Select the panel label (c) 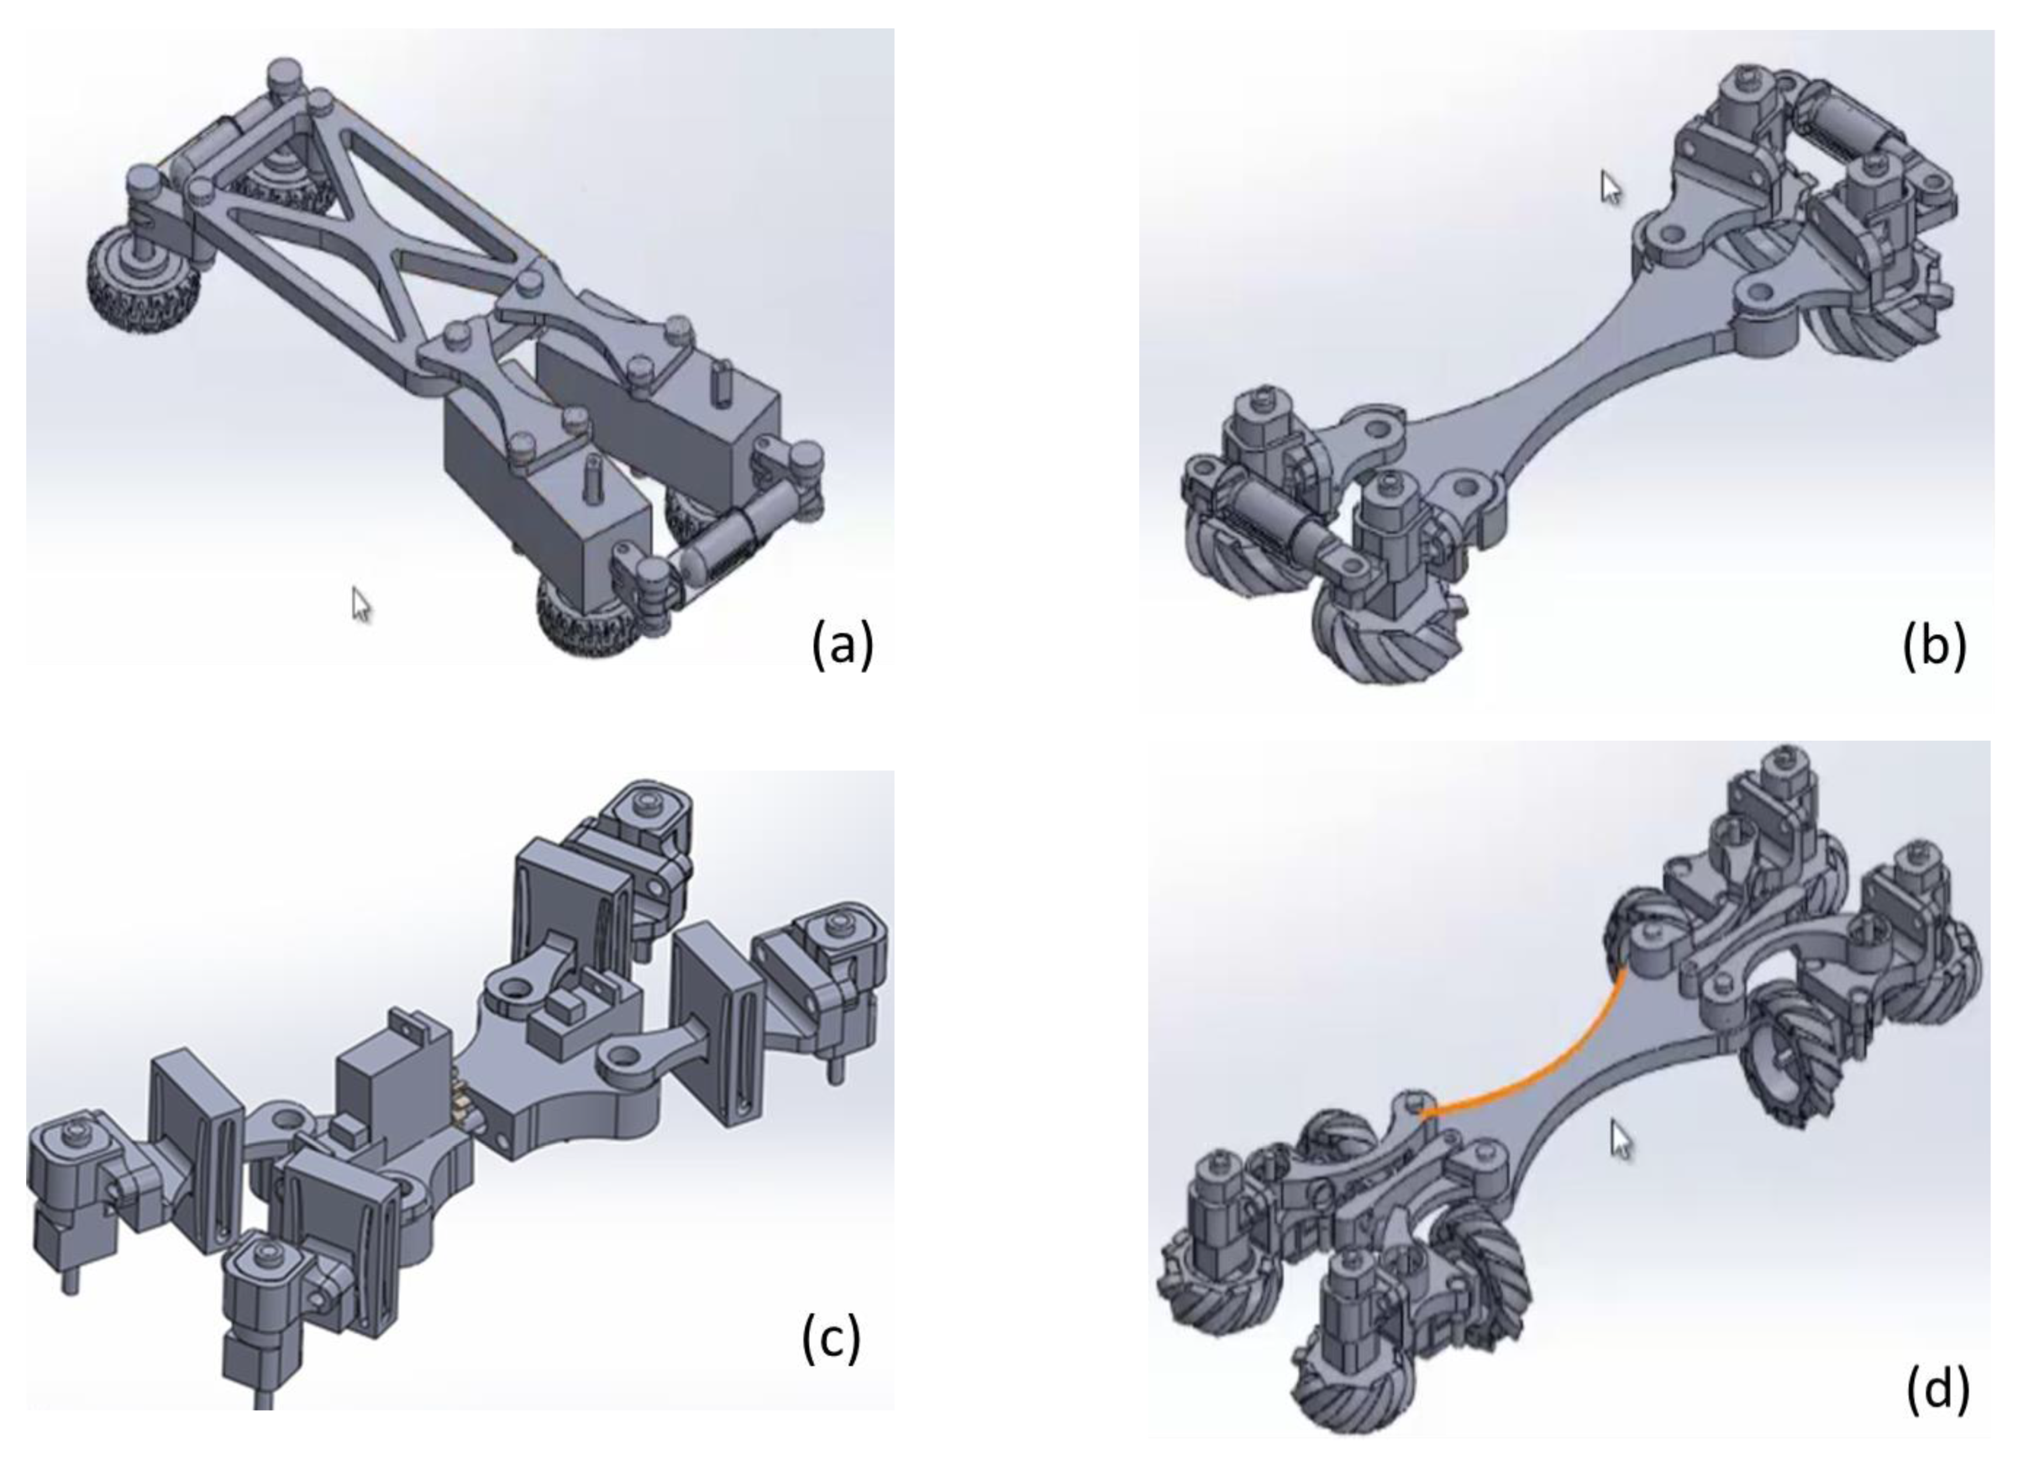[x=831, y=1339]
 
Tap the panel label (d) [x=1937, y=1390]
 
